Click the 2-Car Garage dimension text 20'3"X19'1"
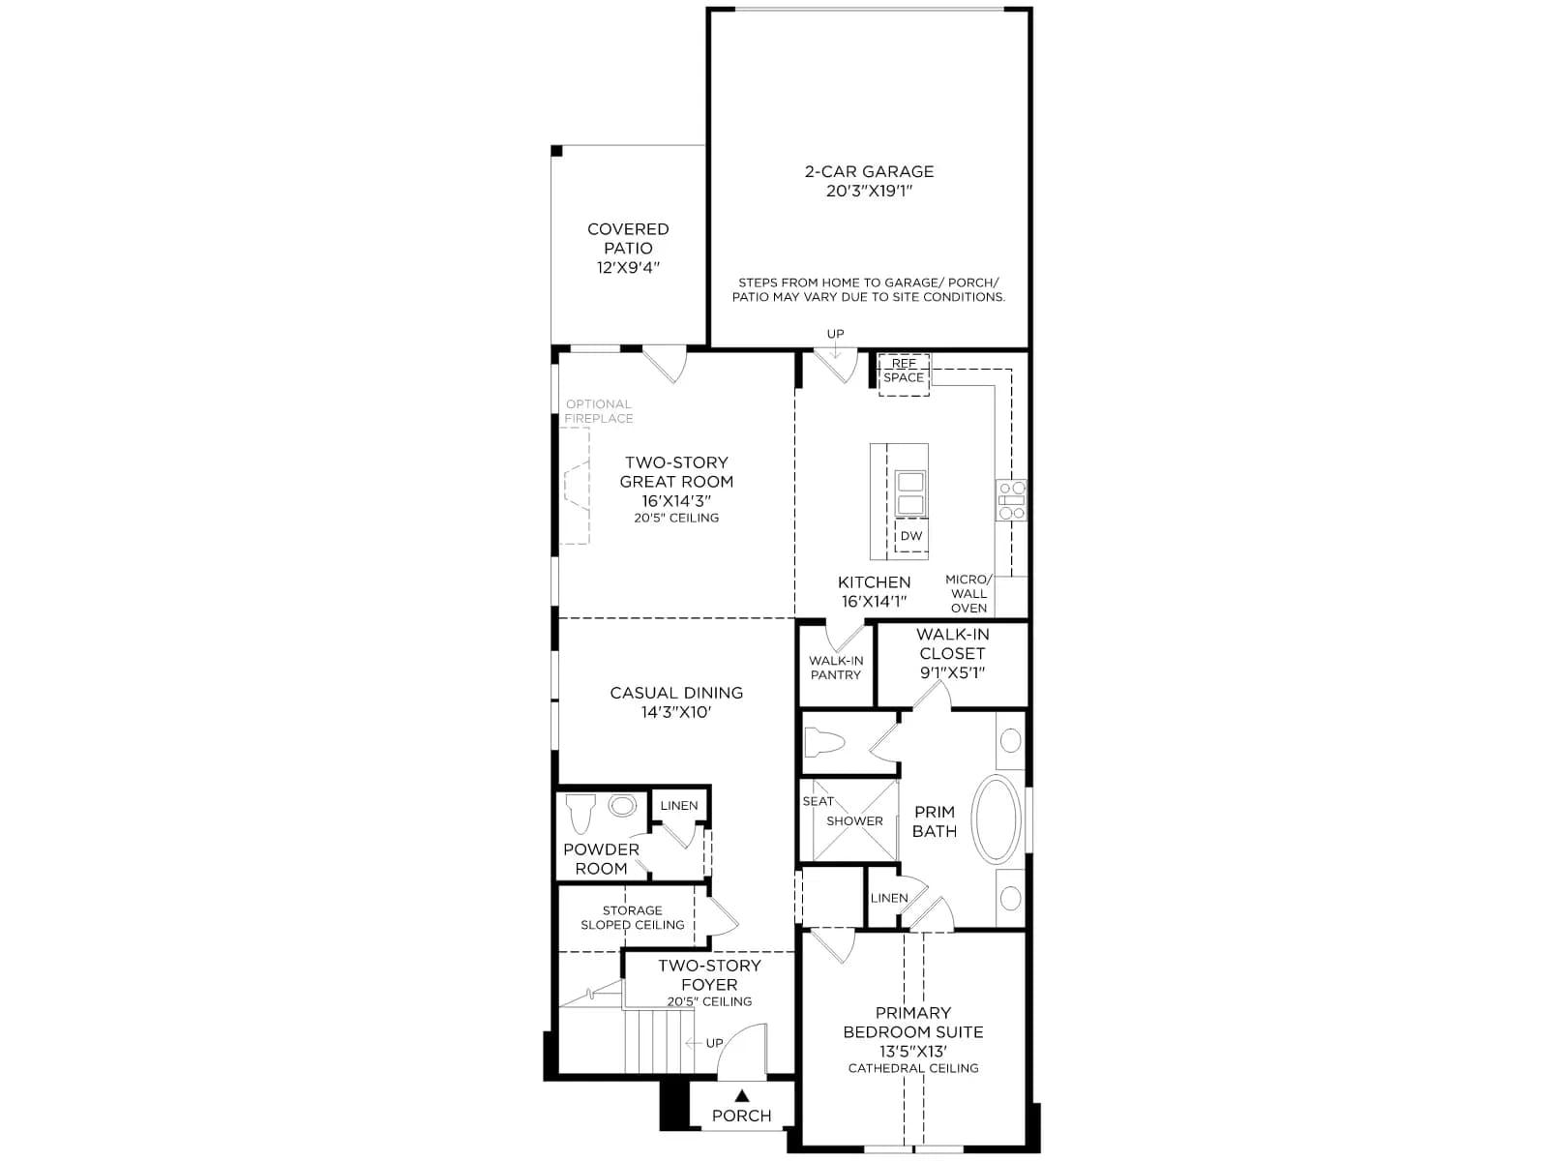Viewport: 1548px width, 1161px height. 869,191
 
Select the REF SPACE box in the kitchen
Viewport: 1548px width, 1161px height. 904,373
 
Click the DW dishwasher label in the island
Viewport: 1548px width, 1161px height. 911,536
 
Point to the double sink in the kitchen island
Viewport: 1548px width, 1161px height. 910,492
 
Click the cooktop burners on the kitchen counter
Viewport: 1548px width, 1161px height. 1011,500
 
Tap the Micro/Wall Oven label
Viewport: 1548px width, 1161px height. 968,593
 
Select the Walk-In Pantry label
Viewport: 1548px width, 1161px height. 836,668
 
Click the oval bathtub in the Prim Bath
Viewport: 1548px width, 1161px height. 996,819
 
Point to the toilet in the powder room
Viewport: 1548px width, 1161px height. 580,812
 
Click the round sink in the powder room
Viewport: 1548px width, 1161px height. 622,805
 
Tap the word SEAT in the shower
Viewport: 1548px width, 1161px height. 819,801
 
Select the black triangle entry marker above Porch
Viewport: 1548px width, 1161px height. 741,1095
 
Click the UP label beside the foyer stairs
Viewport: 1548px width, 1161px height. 714,1043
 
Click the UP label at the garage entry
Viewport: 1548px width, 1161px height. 835,334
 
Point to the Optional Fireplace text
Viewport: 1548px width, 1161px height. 598,411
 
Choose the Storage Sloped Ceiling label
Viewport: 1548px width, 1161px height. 632,918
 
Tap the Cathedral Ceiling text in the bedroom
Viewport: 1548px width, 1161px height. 913,1069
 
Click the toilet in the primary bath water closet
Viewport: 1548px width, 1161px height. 823,742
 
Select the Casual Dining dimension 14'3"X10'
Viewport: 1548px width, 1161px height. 675,713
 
